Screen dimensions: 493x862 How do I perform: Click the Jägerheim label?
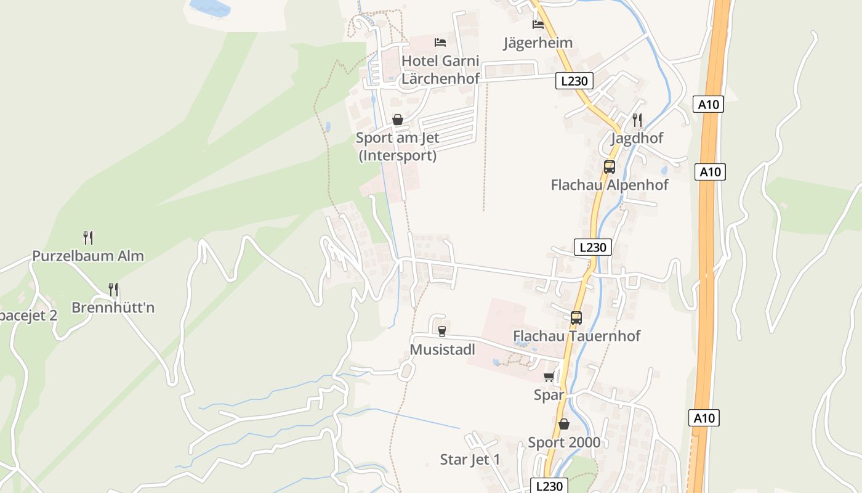[538, 43]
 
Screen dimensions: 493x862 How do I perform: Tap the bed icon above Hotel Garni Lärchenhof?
[440, 43]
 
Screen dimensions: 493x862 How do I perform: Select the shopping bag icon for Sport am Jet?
[398, 120]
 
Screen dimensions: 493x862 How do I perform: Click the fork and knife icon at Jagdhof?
[637, 120]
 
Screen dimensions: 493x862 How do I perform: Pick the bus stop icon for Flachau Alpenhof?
[609, 166]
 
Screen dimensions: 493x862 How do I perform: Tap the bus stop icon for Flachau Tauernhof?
[576, 318]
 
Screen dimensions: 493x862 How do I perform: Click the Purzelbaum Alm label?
[88, 256]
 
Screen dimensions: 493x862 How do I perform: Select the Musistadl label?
[442, 349]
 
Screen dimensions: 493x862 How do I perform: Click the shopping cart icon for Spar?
[549, 377]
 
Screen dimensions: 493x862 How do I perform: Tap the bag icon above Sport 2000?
[563, 424]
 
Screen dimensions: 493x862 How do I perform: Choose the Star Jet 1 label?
[470, 459]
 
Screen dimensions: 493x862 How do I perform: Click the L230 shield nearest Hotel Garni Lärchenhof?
[574, 80]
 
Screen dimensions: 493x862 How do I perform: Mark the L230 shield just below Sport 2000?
[549, 486]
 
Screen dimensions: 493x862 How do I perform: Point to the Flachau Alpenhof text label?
[609, 185]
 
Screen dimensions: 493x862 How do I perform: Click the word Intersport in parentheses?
[398, 155]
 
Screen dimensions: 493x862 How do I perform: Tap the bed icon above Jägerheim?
[538, 25]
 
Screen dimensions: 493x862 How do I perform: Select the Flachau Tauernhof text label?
[576, 336]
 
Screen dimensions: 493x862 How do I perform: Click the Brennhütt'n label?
[113, 307]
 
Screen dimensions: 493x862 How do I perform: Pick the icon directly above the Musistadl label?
[441, 332]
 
